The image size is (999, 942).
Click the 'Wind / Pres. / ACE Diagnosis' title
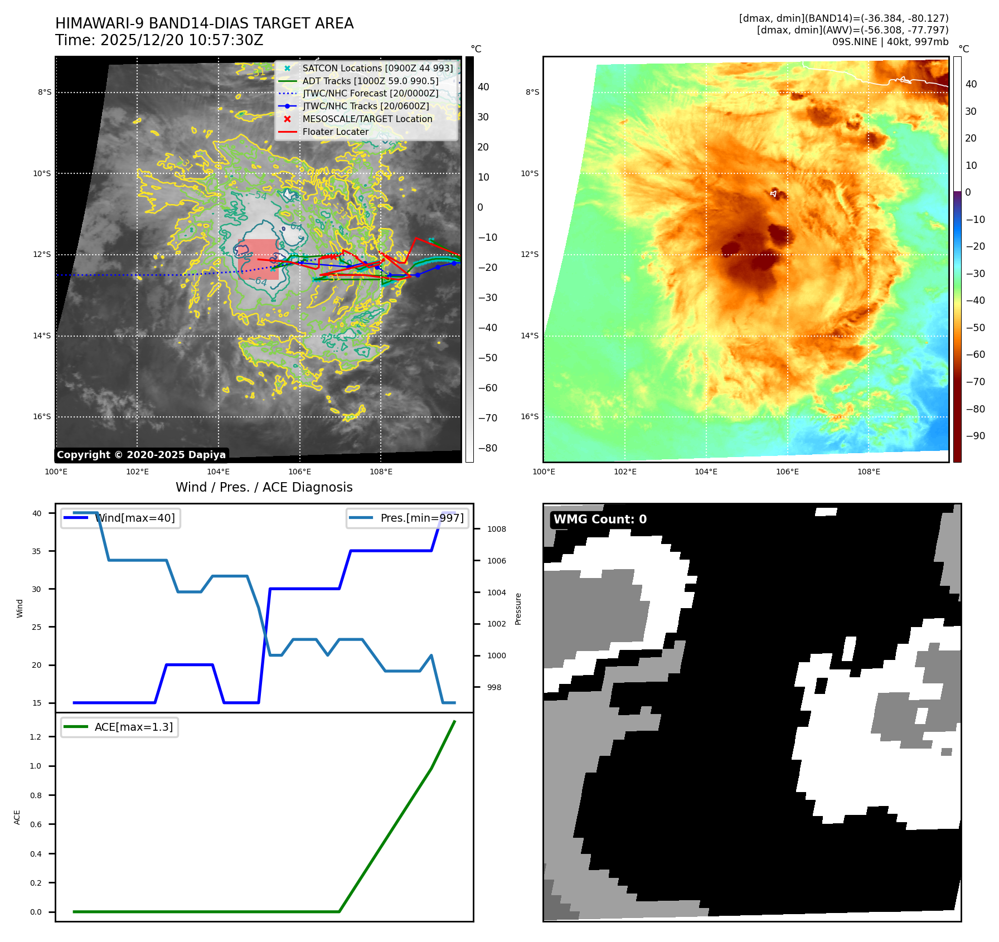(x=264, y=488)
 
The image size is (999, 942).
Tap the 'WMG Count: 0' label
(x=600, y=519)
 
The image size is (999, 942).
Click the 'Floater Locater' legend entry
(x=335, y=132)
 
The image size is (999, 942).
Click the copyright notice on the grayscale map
(x=141, y=455)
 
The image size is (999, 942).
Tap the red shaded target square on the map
(x=258, y=259)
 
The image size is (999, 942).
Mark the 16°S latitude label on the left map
(x=42, y=417)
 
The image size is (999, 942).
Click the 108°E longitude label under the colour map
(x=869, y=472)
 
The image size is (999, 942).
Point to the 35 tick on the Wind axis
(x=37, y=551)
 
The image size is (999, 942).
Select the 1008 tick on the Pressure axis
(x=496, y=530)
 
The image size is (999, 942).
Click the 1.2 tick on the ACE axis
(x=36, y=737)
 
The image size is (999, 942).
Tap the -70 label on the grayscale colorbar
(x=487, y=418)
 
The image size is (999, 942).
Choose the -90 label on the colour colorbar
(x=975, y=436)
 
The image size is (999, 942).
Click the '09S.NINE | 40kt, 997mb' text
(x=890, y=42)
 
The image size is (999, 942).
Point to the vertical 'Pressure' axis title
(x=518, y=609)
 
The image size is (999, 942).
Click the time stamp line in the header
(x=159, y=41)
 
